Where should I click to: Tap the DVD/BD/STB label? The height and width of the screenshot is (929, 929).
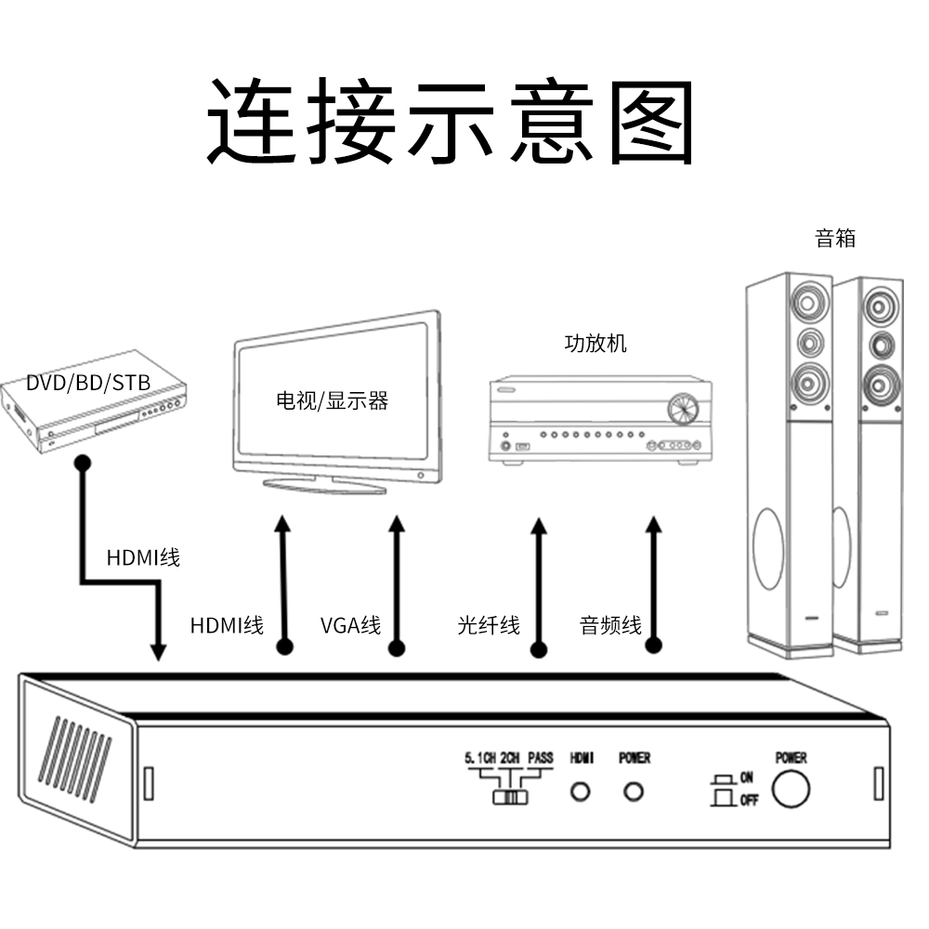[x=88, y=383]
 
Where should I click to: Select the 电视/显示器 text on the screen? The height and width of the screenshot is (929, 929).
[x=332, y=401]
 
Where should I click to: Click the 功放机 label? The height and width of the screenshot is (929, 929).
[x=595, y=344]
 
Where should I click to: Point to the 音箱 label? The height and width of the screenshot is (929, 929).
[x=835, y=239]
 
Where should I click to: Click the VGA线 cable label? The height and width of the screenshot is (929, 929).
[x=350, y=625]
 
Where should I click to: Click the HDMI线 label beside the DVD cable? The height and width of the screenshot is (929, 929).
[x=143, y=558]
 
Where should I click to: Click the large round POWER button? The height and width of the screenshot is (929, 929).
[x=791, y=789]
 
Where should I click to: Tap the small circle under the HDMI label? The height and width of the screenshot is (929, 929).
[x=581, y=792]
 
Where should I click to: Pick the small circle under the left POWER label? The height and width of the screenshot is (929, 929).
[x=635, y=792]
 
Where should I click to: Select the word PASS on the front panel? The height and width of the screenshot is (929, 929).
[x=540, y=758]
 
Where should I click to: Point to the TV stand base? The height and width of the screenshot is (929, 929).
[x=324, y=484]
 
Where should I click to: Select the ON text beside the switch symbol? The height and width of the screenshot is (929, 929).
[x=747, y=778]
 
